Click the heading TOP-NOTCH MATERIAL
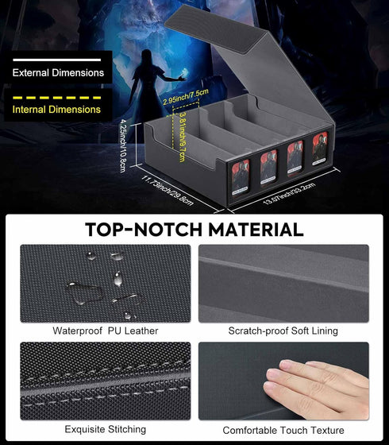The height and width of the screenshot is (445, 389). (194, 230)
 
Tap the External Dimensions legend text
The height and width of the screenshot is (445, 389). (58, 72)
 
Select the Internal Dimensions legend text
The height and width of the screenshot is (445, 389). (56, 110)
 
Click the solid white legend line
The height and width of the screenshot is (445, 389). (56, 60)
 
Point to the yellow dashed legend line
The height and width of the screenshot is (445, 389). (56, 98)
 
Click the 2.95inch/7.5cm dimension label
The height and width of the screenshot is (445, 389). (186, 96)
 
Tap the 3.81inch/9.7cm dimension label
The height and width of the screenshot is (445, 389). (182, 137)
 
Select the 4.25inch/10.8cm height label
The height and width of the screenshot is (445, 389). (123, 145)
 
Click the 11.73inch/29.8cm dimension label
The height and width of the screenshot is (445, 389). (168, 191)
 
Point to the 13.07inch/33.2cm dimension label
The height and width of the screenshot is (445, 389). (289, 193)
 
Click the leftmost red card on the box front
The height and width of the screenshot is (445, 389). (241, 177)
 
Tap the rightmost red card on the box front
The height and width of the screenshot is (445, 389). (320, 149)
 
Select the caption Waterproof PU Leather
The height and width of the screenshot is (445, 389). (105, 331)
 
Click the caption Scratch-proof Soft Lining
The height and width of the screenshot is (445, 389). (283, 331)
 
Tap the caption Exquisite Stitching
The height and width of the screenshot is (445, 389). (105, 429)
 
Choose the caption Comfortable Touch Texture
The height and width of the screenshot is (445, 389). (283, 430)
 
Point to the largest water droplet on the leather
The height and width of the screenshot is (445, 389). (84, 293)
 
